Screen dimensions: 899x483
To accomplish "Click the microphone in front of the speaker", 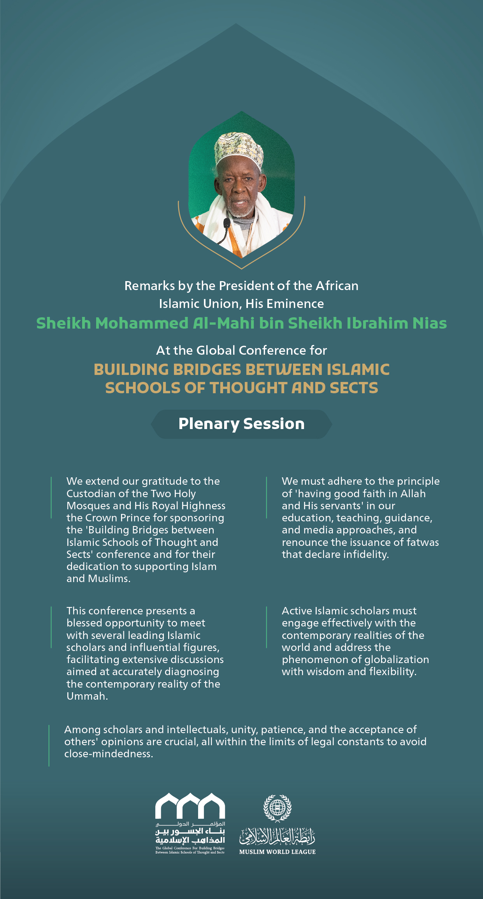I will point(227,224).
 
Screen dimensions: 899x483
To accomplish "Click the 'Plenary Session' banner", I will point(241,424).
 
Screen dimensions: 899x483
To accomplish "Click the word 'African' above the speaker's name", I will point(337,286).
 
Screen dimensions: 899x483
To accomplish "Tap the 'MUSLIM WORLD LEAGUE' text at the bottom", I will point(277,852).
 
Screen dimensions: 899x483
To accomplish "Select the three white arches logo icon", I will point(190,806).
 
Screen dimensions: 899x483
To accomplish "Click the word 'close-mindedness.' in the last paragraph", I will point(109,754).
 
